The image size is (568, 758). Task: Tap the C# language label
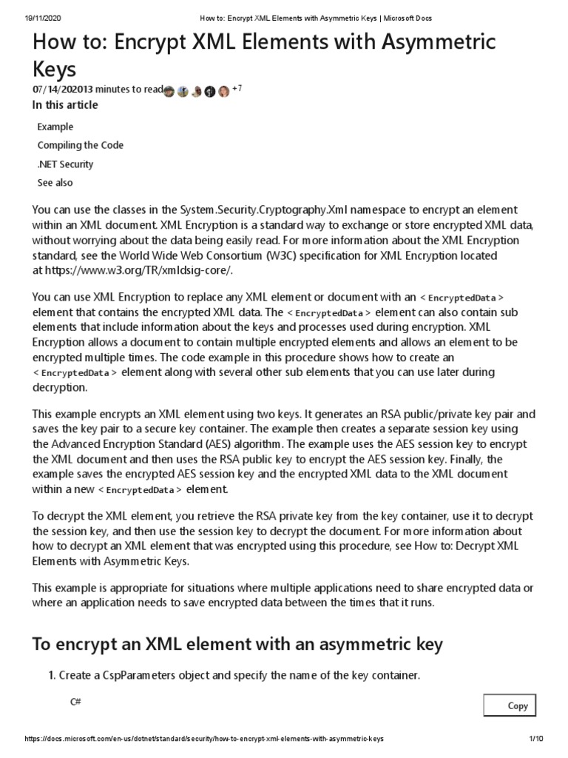pyautogui.click(x=75, y=701)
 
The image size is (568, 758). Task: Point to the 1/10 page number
pyautogui.click(x=536, y=739)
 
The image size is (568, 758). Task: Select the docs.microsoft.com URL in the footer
pyautogui.click(x=204, y=739)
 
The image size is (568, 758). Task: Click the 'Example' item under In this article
pyautogui.click(x=55, y=127)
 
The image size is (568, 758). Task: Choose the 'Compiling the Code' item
pyautogui.click(x=80, y=145)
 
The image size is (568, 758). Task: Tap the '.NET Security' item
pyautogui.click(x=65, y=164)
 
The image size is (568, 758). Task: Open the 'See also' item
pyautogui.click(x=55, y=182)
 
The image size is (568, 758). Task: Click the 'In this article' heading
pyautogui.click(x=65, y=105)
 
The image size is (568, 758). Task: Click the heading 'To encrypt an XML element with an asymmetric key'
pyautogui.click(x=237, y=643)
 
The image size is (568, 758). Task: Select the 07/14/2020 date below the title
pyautogui.click(x=56, y=90)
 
